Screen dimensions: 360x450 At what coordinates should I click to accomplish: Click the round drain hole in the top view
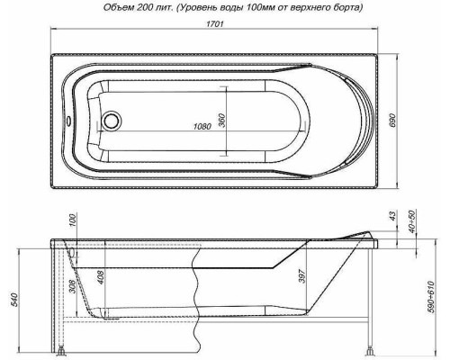[112, 121]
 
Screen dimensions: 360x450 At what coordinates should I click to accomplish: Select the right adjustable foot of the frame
[370, 348]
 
